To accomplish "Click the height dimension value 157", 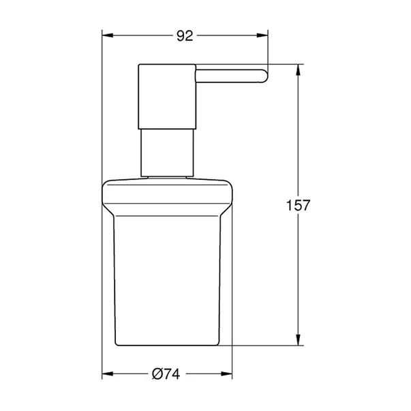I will [298, 204].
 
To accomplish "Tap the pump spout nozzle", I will [232, 76].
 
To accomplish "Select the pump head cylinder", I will [168, 96].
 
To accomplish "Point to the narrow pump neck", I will [168, 153].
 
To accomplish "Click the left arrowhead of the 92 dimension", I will [107, 37].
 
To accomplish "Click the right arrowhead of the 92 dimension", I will [264, 37].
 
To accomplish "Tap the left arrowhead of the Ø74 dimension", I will [107, 374].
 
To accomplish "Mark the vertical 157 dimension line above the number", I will [299, 136].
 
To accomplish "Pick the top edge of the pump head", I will [168, 65].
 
